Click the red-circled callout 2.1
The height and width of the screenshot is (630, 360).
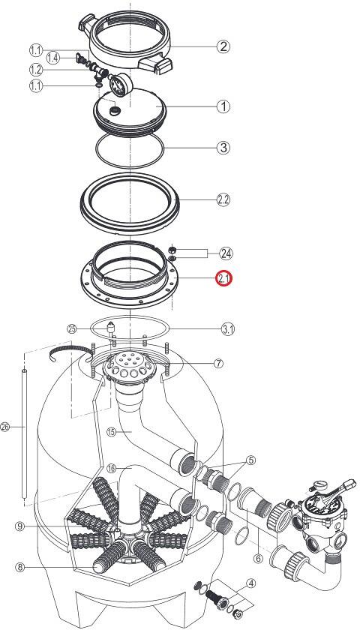tap(224, 278)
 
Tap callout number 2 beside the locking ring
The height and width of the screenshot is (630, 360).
tap(223, 46)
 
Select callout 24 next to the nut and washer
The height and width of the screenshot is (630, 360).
tap(226, 253)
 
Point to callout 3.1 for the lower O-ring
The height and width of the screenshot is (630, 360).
tap(228, 330)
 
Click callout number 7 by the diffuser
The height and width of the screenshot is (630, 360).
tap(218, 363)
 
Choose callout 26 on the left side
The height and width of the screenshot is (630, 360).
tap(4, 427)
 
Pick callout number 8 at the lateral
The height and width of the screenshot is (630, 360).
tap(20, 567)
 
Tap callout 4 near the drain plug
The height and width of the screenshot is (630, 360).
tap(250, 583)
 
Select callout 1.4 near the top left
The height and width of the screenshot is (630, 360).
tap(52, 58)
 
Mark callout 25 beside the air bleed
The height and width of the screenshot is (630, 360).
tap(72, 328)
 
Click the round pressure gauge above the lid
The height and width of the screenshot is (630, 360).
tap(120, 84)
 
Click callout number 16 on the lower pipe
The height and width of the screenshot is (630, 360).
tap(112, 468)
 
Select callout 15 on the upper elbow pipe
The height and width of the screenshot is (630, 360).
tap(112, 432)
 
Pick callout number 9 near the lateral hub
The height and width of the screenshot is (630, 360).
tap(20, 526)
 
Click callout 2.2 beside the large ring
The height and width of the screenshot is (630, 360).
tap(223, 199)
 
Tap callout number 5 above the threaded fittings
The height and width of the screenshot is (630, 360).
tap(250, 460)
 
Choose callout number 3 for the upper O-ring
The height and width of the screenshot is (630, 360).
tap(223, 148)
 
